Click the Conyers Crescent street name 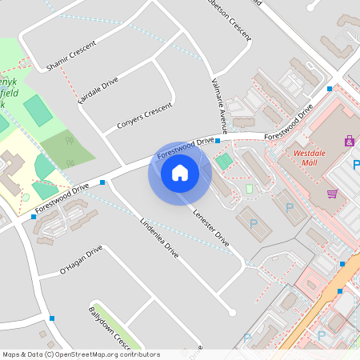point(145,116)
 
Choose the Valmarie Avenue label point(219,104)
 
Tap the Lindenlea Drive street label point(159,237)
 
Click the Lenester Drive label point(211,227)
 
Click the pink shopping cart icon point(332,194)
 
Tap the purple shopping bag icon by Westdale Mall point(349,142)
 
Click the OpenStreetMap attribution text point(81,354)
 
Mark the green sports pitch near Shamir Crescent point(36,110)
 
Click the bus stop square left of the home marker point(102,183)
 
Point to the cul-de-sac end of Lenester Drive point(232,313)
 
